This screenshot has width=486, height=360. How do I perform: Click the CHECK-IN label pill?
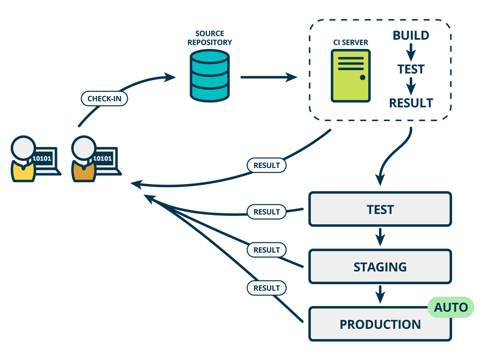(104, 99)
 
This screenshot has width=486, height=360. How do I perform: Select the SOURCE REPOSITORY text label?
(209, 38)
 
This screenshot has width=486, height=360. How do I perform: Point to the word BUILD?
(411, 36)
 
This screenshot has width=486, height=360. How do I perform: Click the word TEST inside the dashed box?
(411, 69)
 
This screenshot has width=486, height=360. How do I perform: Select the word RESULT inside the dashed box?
(411, 103)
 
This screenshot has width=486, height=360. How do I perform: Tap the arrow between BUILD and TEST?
(411, 52)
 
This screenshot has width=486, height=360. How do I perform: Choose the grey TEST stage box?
(380, 209)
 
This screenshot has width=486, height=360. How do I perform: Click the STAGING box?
(380, 267)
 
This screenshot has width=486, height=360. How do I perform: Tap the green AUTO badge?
(450, 307)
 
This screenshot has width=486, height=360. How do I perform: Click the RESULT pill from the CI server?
(267, 165)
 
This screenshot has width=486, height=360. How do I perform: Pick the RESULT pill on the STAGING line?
(267, 250)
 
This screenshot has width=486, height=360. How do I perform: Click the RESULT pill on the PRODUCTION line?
(267, 288)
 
